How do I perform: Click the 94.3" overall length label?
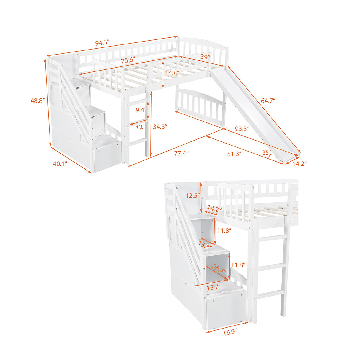[x=103, y=43]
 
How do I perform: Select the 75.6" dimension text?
[x=128, y=60]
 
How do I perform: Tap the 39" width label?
[x=205, y=57]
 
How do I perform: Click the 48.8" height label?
[x=37, y=101]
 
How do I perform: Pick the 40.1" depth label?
[x=60, y=163]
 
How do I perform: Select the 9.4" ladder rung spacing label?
[x=141, y=110]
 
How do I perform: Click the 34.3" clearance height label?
[x=160, y=127]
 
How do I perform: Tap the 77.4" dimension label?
[x=181, y=153]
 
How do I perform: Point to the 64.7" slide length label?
[x=268, y=100]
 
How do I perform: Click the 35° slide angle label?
[x=267, y=153]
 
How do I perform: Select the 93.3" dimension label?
[x=242, y=128]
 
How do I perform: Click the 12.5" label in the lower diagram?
[x=193, y=196]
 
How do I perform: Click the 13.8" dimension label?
[x=206, y=245]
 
